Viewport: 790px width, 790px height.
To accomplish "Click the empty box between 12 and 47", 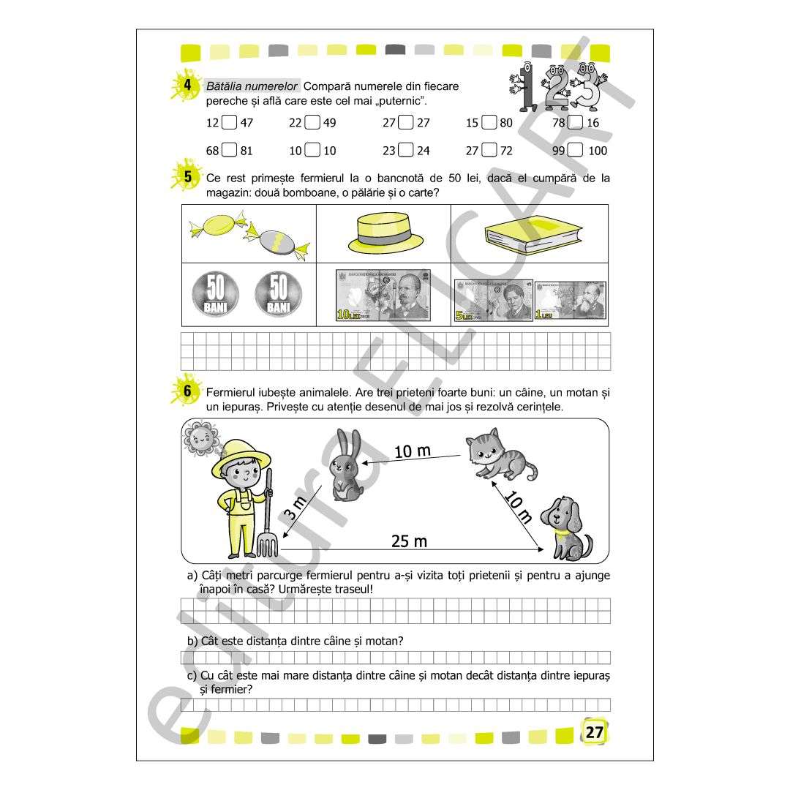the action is click(x=229, y=122).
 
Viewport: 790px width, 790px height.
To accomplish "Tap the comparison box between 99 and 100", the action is click(x=576, y=150).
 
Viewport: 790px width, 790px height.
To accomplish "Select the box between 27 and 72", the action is click(x=489, y=150).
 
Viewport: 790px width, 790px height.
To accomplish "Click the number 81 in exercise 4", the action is click(x=247, y=151).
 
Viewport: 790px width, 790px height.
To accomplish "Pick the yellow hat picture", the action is click(x=386, y=233).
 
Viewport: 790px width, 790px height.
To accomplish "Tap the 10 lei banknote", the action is click(x=383, y=296).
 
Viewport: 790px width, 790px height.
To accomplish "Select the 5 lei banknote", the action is click(x=493, y=301).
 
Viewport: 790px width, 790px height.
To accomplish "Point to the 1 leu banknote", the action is click(x=571, y=301).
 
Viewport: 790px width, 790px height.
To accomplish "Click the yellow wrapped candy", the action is click(x=218, y=226).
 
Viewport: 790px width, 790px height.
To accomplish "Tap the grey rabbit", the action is click(x=346, y=465).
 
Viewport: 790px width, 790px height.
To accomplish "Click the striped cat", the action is click(x=500, y=454).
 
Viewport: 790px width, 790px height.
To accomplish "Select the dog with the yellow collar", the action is click(x=566, y=528).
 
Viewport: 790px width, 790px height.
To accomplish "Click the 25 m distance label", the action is click(x=409, y=541).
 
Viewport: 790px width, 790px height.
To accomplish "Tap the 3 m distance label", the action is click(x=296, y=508).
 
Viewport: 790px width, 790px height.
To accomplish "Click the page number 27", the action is click(x=595, y=731).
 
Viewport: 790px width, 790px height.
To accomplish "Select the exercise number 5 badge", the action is click(x=187, y=176).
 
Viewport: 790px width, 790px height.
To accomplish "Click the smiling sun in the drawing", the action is click(x=201, y=438).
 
